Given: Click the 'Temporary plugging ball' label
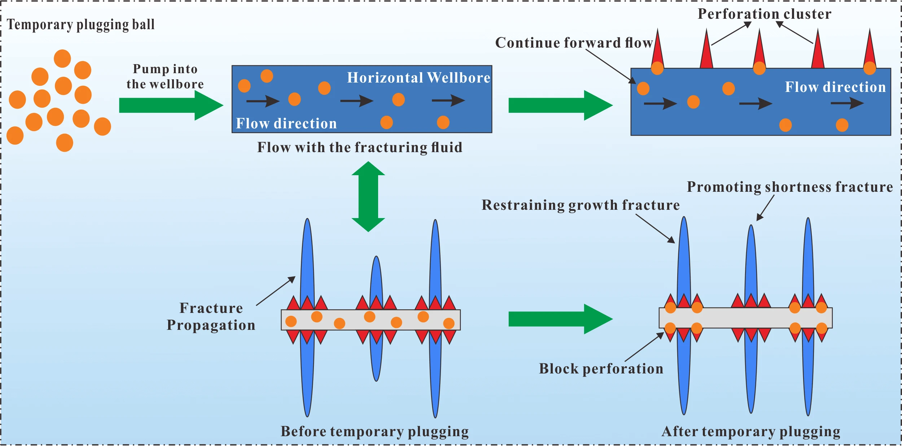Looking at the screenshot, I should [81, 25].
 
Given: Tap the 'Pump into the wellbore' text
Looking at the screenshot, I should [165, 76].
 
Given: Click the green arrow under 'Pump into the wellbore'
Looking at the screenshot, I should [170, 105].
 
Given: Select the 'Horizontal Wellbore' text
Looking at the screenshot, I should [419, 78].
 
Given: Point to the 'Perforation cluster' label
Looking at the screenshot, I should [764, 14].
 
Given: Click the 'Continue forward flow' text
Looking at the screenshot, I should [574, 43].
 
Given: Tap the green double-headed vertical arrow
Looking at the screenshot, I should [368, 196].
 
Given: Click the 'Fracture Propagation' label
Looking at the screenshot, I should [211, 317].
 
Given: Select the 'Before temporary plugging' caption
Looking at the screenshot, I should [375, 431].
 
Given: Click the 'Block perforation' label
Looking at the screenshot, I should [601, 369].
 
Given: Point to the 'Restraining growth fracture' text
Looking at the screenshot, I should [581, 205].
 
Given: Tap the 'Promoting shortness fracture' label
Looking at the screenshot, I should [789, 187].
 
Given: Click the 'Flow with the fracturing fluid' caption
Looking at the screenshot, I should [360, 147].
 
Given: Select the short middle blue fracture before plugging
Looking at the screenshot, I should [376, 281].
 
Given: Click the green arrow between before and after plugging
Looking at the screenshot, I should [559, 319].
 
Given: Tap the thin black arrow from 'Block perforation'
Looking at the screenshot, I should [644, 347].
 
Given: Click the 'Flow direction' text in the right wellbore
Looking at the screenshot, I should [835, 87].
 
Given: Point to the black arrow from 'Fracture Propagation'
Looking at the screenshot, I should [276, 291].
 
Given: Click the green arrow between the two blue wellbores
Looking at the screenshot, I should [559, 105].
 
